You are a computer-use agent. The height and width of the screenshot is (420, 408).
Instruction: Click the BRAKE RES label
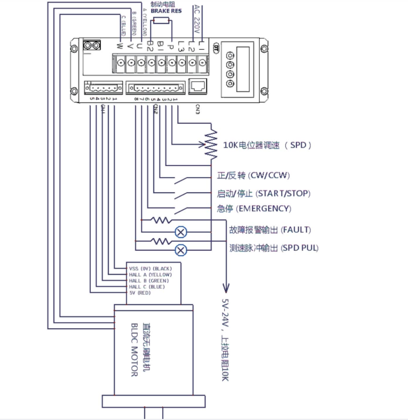pos(166,11)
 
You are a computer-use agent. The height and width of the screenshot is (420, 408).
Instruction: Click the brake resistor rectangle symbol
pos(161,21)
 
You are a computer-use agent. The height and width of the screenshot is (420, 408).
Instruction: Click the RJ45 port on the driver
pos(199,85)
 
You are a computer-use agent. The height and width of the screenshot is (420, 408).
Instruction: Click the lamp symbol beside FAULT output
pos(181,232)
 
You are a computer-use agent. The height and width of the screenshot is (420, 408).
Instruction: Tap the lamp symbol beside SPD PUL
pos(181,250)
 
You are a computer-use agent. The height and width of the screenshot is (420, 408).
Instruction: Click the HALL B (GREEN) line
pos(149,281)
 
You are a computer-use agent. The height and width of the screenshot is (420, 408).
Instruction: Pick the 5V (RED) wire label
pos(140,293)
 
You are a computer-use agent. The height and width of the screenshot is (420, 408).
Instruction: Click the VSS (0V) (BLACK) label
pos(151,268)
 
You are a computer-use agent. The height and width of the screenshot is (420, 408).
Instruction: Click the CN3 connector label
pos(197,110)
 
